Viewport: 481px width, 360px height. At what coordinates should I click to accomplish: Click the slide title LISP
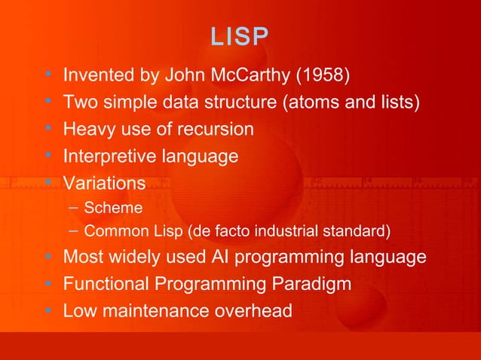coord(240,38)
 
